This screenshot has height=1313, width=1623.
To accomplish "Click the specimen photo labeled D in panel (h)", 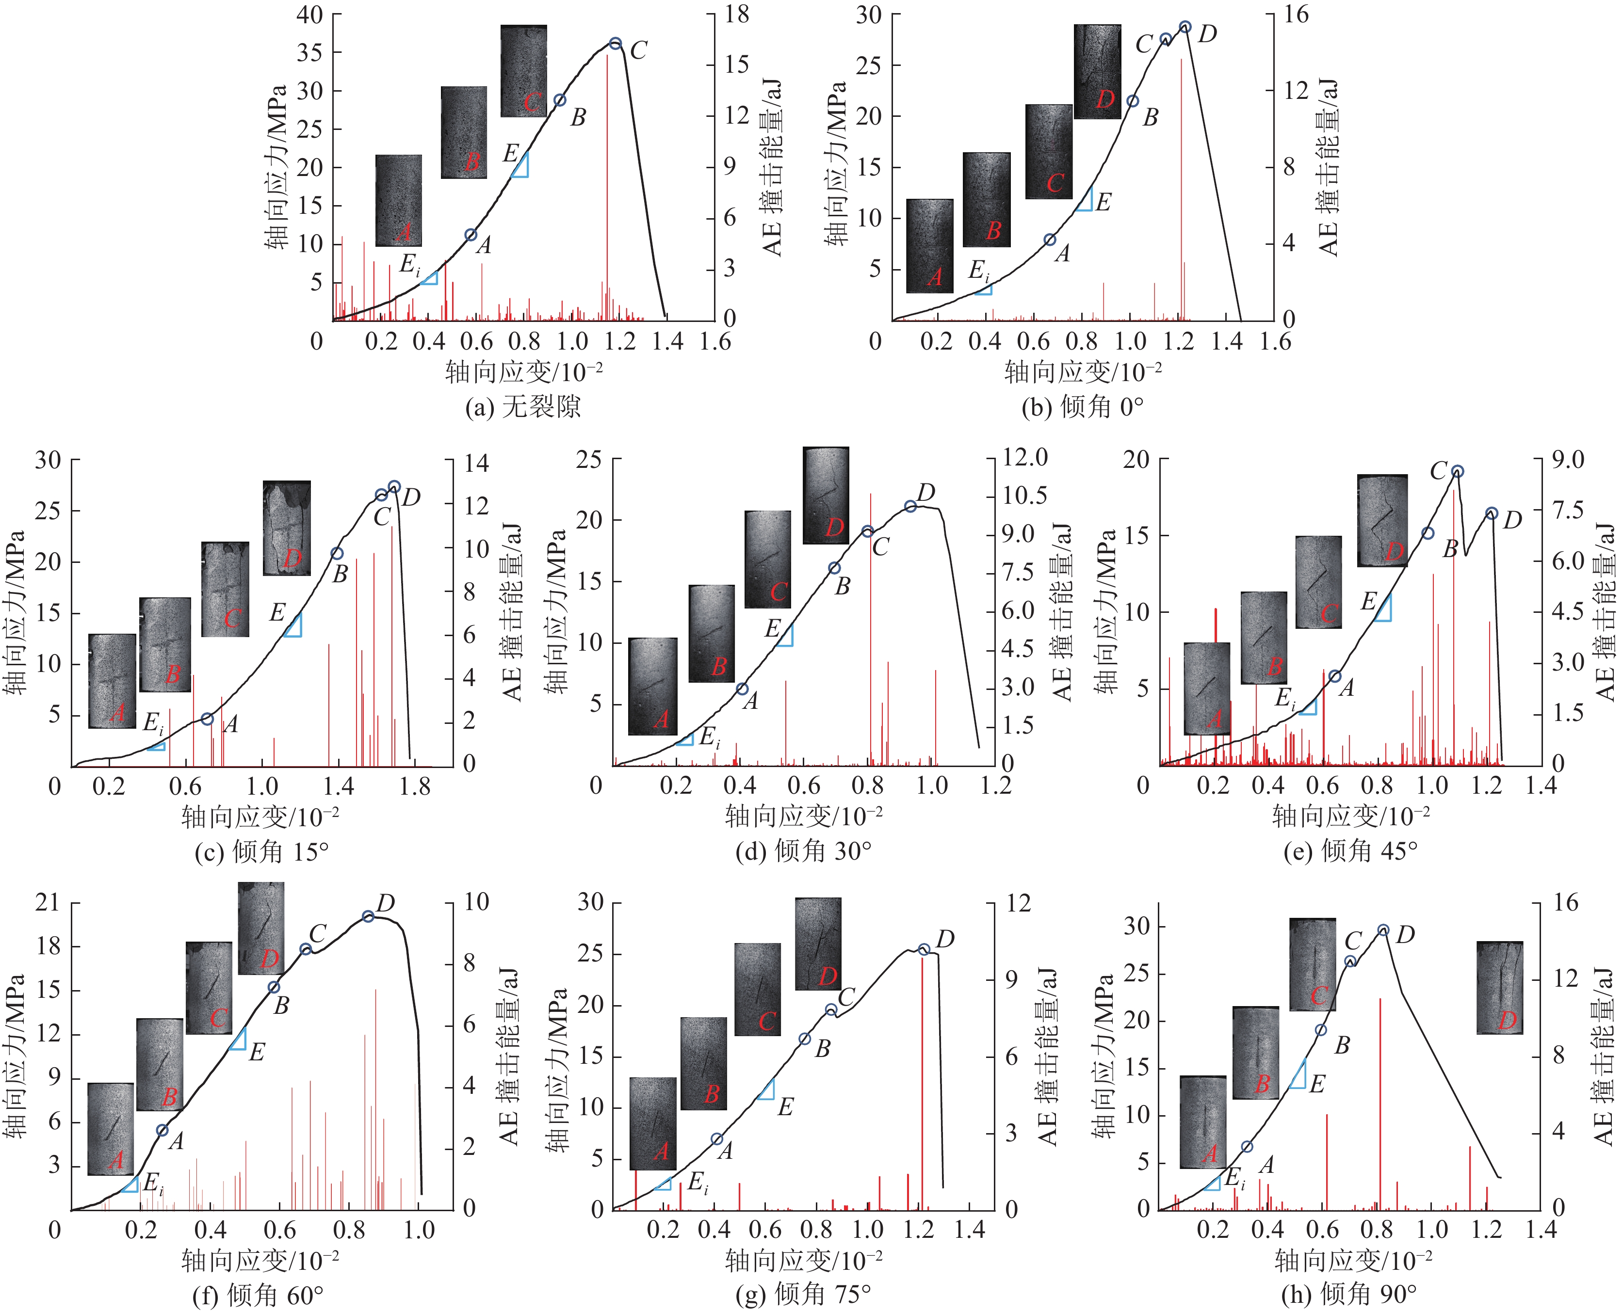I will click(x=1500, y=988).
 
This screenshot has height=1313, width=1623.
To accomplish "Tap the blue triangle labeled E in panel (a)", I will click(x=520, y=166).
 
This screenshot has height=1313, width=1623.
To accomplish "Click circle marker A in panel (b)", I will click(x=1050, y=240).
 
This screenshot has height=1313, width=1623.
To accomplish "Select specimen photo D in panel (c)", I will click(x=287, y=528).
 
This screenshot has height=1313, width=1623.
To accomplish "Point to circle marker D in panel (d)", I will click(x=910, y=506).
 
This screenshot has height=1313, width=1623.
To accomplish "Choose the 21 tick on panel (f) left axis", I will click(x=47, y=902).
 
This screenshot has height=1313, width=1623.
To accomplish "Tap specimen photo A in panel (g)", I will click(x=653, y=1123).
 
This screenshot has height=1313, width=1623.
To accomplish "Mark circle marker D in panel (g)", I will click(x=923, y=950).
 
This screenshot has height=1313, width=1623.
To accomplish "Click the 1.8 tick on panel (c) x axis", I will click(x=415, y=786).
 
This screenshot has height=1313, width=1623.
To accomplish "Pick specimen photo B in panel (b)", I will click(x=987, y=200).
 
